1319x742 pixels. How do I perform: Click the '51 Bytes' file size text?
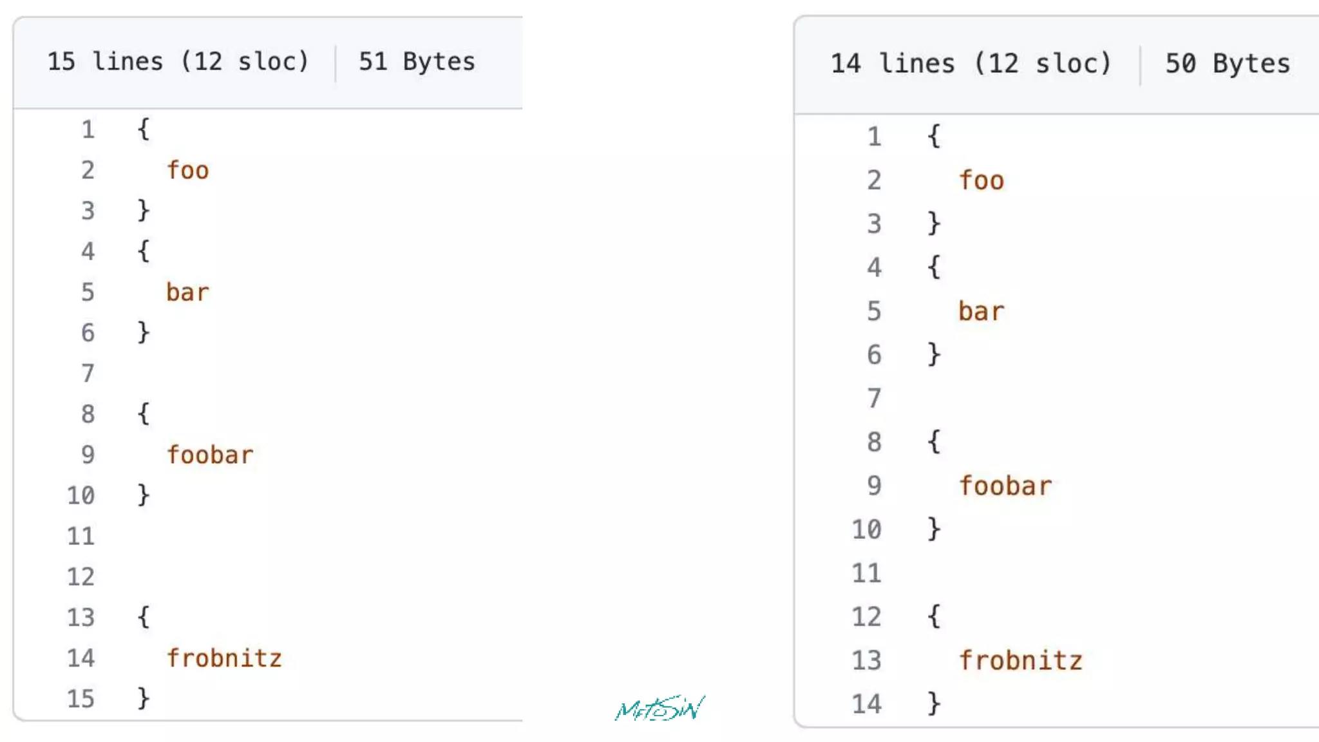tap(417, 62)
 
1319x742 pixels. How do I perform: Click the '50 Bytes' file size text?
tap(1228, 64)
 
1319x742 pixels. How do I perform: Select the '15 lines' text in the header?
tap(105, 62)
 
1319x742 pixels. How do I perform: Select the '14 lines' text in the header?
tap(893, 64)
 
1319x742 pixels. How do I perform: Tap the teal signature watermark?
tap(659, 709)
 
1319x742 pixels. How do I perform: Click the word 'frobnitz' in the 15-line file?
tap(224, 658)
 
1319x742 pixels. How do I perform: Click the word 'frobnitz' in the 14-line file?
tap(1021, 661)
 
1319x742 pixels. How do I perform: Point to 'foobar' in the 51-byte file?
tap(210, 455)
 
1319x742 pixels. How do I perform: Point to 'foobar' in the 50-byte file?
tap(1005, 486)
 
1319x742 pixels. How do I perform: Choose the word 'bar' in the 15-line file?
tap(187, 292)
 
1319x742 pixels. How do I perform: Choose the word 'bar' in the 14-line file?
tap(981, 312)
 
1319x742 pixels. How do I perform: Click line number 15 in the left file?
tap(81, 699)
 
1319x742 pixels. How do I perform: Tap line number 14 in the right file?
tap(866, 704)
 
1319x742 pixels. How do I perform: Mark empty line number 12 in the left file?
tap(81, 576)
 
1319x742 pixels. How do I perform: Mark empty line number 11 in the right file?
tap(866, 573)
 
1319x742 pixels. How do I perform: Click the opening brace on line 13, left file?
tap(144, 616)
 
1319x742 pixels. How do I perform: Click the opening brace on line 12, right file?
tap(934, 616)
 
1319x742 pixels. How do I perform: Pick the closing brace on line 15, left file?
tap(144, 698)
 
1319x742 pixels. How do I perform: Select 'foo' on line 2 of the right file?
tap(981, 181)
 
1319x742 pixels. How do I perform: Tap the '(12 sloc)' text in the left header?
tap(245, 62)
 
